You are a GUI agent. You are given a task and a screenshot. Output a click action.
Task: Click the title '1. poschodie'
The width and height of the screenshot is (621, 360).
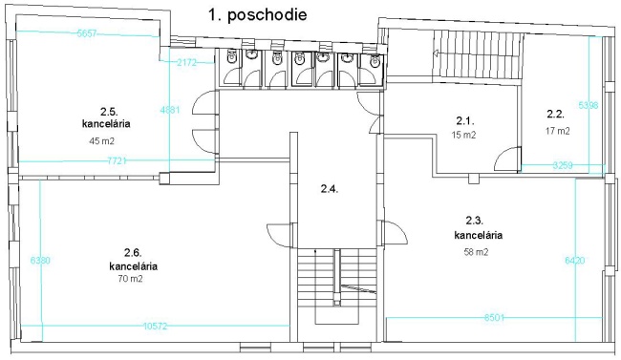(x=257, y=15)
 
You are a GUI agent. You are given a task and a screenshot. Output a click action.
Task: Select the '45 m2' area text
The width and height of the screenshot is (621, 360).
(x=102, y=140)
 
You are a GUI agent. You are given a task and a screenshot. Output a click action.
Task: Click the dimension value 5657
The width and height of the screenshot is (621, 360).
(x=87, y=33)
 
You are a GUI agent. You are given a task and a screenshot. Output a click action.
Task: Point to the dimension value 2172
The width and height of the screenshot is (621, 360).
(x=186, y=62)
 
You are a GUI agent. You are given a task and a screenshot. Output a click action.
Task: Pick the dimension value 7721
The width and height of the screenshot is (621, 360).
(x=117, y=160)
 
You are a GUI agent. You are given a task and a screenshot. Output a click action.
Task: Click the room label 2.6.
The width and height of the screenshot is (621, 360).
(x=133, y=252)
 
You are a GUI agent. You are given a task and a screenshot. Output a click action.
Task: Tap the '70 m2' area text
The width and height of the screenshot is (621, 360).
(x=130, y=279)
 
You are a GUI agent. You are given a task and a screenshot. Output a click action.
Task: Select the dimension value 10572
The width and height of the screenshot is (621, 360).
(x=155, y=326)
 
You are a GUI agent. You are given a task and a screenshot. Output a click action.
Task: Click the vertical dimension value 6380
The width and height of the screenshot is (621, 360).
(x=40, y=260)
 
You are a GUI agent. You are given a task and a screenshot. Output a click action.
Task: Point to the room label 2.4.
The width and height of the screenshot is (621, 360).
(x=330, y=189)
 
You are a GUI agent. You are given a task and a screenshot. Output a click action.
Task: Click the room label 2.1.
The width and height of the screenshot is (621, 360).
(x=465, y=120)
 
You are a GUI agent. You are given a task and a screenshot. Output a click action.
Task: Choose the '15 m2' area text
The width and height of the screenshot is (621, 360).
(x=463, y=135)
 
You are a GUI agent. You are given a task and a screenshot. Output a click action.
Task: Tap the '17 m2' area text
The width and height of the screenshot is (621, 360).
(x=558, y=131)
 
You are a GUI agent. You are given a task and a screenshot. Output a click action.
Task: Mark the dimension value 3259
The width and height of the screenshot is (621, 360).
(x=563, y=165)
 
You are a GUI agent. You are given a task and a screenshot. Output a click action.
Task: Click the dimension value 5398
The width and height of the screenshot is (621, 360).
(x=589, y=105)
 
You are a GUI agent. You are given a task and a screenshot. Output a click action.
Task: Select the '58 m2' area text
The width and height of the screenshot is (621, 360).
(x=476, y=252)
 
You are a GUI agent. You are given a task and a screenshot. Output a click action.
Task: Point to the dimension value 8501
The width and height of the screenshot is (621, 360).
(x=494, y=317)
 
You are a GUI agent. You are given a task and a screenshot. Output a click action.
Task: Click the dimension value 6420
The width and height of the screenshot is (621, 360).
(x=574, y=260)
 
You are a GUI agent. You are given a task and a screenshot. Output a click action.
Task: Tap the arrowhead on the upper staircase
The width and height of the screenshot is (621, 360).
(x=436, y=53)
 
